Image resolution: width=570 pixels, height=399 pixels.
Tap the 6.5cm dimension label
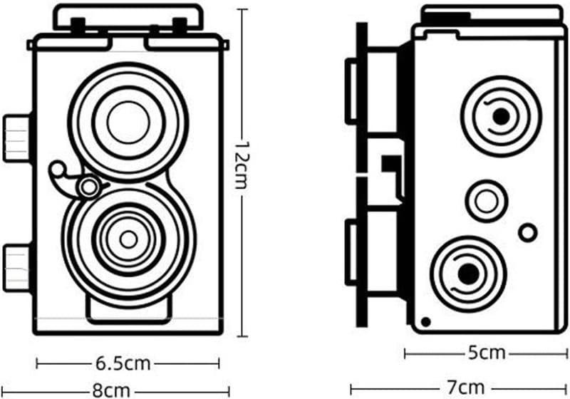pos(123,363)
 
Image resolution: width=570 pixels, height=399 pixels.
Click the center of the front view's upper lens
pos(128,122)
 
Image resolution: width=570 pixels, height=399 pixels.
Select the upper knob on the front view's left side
pos(16,136)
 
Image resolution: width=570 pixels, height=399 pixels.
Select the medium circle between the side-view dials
pos(487,200)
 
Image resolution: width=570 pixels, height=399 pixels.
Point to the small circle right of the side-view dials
pos(527,232)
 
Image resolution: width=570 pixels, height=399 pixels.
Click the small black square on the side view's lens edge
pos(388,164)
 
